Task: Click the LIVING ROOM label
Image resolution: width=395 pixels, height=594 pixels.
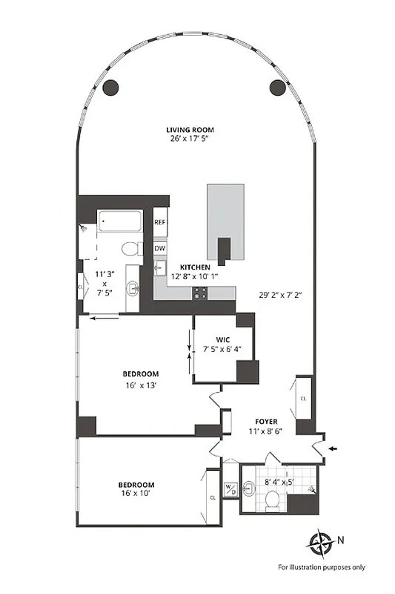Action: pyautogui.click(x=194, y=130)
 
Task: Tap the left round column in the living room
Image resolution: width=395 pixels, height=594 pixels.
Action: pyautogui.click(x=110, y=87)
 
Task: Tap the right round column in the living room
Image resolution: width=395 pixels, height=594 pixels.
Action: pyautogui.click(x=278, y=87)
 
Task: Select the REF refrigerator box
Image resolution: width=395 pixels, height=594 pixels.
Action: pyautogui.click(x=160, y=222)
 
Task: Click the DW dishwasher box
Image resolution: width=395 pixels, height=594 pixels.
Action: pyautogui.click(x=160, y=249)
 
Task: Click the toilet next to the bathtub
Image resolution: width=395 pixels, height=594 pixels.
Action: pyautogui.click(x=130, y=248)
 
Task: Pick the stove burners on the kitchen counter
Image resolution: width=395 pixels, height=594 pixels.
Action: pyautogui.click(x=199, y=293)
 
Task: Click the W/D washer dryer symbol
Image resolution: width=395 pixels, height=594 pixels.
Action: pyautogui.click(x=230, y=489)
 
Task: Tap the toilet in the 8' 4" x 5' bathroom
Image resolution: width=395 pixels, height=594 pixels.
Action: pyautogui.click(x=271, y=503)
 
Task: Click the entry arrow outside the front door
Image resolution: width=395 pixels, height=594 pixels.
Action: pyautogui.click(x=332, y=448)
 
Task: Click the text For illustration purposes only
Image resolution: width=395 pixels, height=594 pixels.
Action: pyautogui.click(x=322, y=567)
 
